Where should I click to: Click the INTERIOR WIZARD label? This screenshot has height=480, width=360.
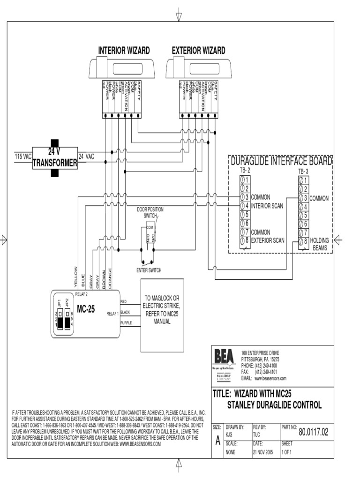[x=124, y=51]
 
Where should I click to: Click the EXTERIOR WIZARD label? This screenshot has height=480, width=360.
[x=198, y=51]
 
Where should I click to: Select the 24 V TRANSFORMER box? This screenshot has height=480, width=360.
[x=55, y=158]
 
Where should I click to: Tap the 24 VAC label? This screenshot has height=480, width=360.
[x=86, y=157]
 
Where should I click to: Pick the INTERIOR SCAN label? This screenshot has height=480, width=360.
[x=268, y=205]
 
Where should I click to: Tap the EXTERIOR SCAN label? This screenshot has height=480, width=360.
[x=268, y=240]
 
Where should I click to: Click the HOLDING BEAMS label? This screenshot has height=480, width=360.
[x=320, y=243]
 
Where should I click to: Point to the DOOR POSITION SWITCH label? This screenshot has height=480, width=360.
[x=150, y=212]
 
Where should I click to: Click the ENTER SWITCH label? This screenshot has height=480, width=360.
[x=149, y=270]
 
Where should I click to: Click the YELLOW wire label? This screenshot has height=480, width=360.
[x=75, y=276]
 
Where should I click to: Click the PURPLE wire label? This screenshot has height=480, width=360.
[x=126, y=323]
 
